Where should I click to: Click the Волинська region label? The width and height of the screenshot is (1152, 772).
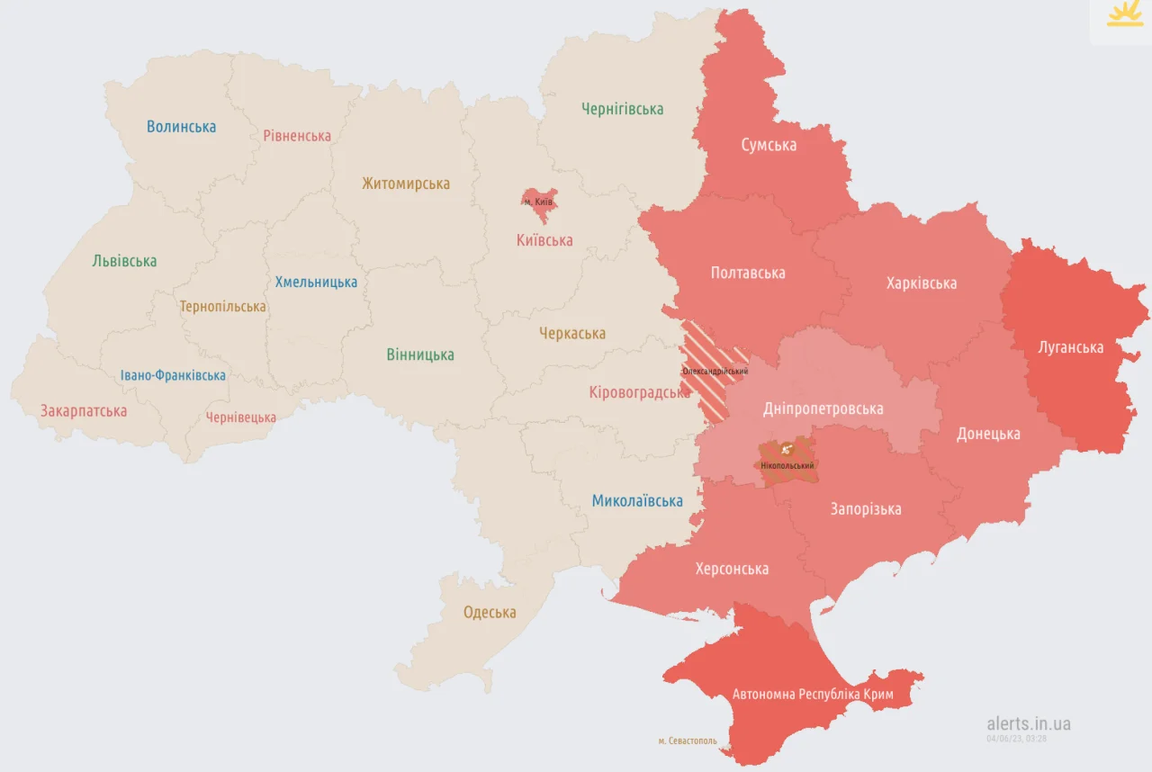(181, 127)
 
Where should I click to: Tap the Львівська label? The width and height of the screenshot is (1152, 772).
(124, 261)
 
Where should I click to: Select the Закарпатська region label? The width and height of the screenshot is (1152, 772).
(84, 411)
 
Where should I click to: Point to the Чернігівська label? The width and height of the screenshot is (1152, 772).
(622, 109)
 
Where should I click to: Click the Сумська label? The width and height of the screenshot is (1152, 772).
(768, 145)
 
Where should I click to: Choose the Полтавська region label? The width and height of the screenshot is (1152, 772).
(747, 273)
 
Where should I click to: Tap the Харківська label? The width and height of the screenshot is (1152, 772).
(921, 283)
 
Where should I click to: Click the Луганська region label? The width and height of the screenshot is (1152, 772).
(1070, 347)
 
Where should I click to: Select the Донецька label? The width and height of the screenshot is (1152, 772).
(987, 434)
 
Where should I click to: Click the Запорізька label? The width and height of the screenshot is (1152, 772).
(865, 509)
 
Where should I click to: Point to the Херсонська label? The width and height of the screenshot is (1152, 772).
(732, 569)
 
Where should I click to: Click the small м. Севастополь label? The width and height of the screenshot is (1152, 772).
(688, 741)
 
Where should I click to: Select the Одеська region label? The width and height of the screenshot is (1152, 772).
(490, 613)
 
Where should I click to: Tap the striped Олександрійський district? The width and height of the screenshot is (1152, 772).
(713, 360)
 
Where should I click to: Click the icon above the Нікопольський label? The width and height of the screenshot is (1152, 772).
(787, 448)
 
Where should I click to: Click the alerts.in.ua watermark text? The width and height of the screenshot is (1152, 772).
(1028, 723)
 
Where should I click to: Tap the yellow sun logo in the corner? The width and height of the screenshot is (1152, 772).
(1124, 15)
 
